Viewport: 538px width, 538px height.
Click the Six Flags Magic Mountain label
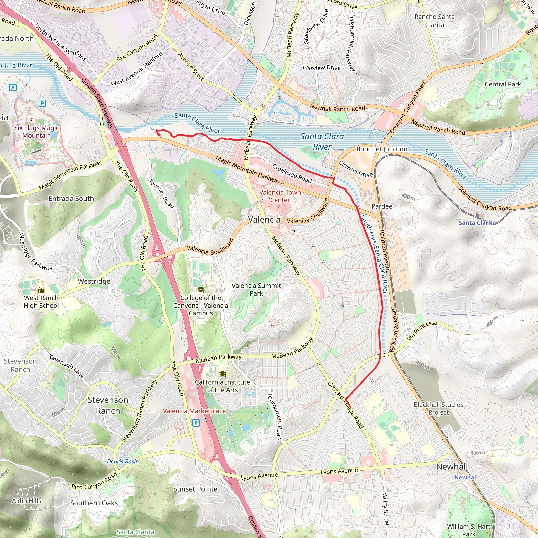[37, 132]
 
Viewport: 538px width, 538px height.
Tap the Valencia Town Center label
[280, 196]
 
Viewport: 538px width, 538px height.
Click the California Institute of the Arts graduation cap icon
[222, 374]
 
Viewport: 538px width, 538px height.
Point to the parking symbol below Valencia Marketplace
[196, 423]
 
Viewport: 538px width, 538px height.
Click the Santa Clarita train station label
[477, 223]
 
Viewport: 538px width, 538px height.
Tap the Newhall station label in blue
[466, 477]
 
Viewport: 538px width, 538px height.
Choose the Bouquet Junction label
[382, 149]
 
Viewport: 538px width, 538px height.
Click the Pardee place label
[382, 206]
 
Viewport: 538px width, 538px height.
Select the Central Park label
[503, 84]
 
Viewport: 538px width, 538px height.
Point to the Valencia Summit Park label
[256, 289]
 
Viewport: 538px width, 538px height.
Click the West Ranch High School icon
[41, 290]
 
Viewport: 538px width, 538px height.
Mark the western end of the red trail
[156, 130]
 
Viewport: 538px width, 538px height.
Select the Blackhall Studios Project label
[438, 408]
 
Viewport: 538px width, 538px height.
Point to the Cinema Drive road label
[356, 169]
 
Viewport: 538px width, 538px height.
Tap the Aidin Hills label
[27, 501]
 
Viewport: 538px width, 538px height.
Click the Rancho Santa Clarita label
[434, 21]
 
